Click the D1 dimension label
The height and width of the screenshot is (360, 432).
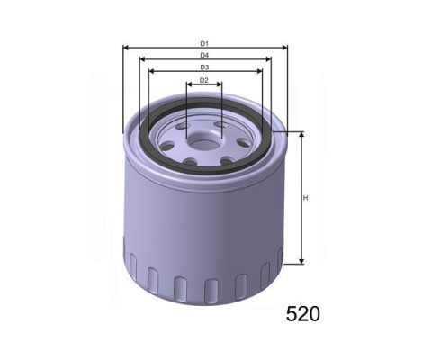(x=204, y=44)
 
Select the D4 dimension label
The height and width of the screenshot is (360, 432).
(x=204, y=55)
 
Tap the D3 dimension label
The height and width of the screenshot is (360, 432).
(x=204, y=67)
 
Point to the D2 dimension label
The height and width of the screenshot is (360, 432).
(x=204, y=80)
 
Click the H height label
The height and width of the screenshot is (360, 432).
(x=306, y=198)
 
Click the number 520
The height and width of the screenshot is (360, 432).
(x=303, y=314)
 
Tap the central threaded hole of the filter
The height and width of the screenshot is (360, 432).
(x=204, y=144)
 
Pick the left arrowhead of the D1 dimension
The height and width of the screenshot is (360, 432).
(x=126, y=48)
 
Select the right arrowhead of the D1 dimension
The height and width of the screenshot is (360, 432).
(x=284, y=48)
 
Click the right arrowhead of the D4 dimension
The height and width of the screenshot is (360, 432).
(x=268, y=59)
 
